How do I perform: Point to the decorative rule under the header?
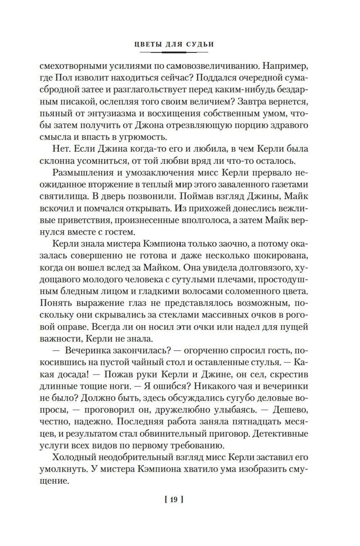coord(174,53)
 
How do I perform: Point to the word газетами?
coord(289,184)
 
